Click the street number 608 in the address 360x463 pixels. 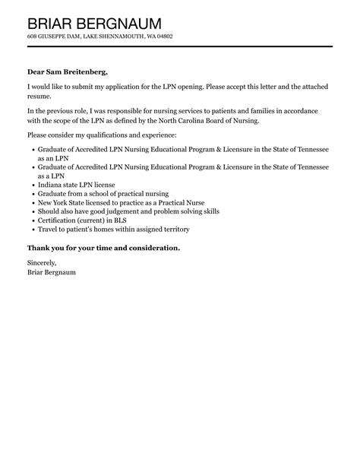32,36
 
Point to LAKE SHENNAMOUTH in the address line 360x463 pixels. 123,36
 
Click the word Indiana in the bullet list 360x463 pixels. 52,184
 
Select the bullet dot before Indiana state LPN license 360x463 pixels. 33,184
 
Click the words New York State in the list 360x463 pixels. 64,203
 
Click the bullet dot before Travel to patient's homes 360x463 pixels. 33,230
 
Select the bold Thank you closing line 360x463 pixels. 103,248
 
